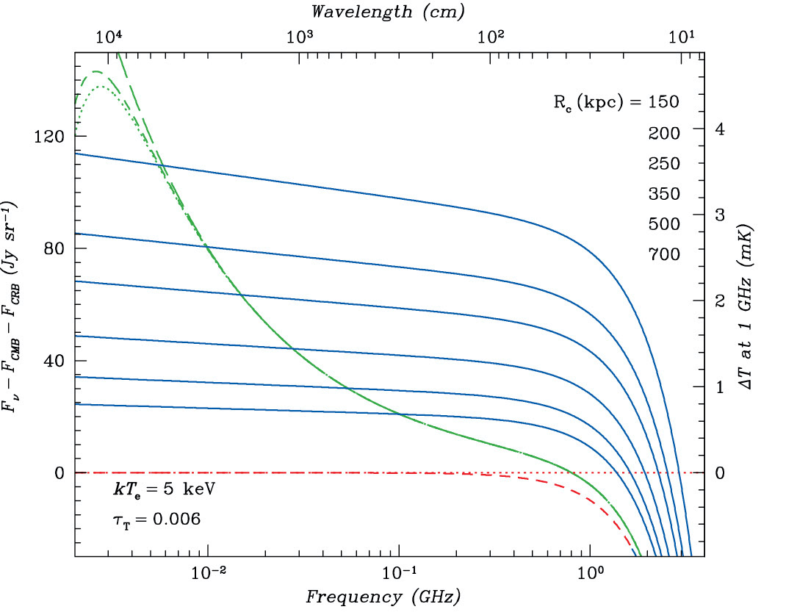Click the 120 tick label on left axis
(50, 137)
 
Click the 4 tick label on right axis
(720, 129)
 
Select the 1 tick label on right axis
(720, 386)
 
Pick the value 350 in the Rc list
(664, 194)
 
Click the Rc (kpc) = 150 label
(616, 101)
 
